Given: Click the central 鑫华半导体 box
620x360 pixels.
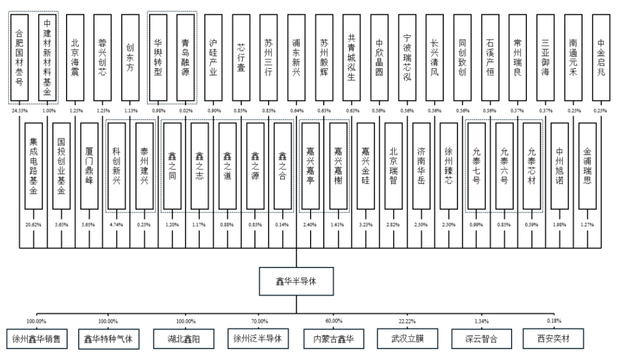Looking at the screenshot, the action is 296,282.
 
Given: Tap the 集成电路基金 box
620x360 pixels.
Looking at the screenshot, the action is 33,167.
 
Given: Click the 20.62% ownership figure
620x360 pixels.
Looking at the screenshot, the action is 33,224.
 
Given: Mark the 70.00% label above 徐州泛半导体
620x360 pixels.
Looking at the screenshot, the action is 259,321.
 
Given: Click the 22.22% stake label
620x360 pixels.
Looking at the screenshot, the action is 408,321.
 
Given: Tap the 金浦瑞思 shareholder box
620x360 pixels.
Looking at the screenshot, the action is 592,167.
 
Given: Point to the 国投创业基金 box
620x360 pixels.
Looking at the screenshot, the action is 61,167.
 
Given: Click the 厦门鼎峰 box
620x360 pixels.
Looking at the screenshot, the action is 90,167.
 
